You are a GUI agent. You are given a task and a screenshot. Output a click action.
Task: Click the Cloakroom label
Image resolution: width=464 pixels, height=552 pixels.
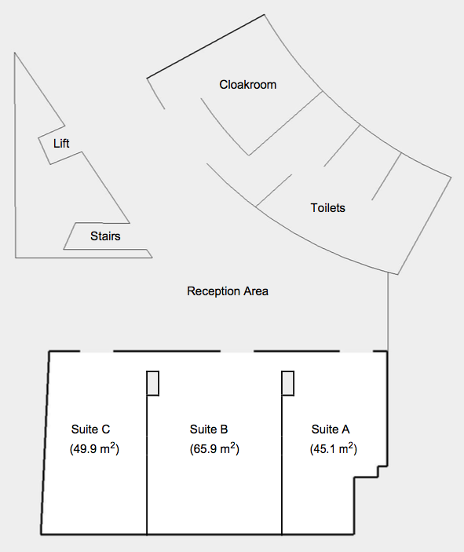[248, 85]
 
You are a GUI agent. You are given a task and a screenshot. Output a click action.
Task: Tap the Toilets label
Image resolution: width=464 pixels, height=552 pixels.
[327, 208]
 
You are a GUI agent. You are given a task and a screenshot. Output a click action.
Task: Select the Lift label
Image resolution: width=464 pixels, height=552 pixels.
[61, 143]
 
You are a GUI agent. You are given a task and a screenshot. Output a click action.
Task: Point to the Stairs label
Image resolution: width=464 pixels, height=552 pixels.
[105, 236]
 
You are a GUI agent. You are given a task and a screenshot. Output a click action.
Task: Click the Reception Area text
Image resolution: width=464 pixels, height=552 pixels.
[228, 291]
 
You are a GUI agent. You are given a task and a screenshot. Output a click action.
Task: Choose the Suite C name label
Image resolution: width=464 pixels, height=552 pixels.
[90, 430]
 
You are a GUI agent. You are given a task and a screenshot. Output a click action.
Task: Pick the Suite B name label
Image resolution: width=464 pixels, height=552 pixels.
[209, 430]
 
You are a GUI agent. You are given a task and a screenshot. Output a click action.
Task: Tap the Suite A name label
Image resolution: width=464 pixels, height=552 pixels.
[331, 430]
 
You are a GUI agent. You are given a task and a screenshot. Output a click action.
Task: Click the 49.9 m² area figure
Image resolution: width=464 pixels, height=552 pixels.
[94, 449]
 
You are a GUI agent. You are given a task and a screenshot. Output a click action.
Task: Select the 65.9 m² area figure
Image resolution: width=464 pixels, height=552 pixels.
[214, 449]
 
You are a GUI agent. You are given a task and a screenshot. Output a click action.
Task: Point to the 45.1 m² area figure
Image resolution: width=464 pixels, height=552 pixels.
[334, 449]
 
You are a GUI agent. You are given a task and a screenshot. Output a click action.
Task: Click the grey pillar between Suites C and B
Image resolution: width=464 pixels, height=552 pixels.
[153, 383]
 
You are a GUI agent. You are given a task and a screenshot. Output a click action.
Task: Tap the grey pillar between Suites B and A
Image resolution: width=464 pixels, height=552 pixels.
[288, 383]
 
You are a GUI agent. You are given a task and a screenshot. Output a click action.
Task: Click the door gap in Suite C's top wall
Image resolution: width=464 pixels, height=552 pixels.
[97, 351]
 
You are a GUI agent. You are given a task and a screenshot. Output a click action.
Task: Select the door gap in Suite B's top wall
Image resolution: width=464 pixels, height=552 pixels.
[237, 351]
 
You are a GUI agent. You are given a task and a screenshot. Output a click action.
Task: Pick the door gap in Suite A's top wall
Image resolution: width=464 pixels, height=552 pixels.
[356, 351]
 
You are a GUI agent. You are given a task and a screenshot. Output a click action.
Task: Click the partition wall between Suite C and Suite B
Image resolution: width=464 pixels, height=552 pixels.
[147, 465]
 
